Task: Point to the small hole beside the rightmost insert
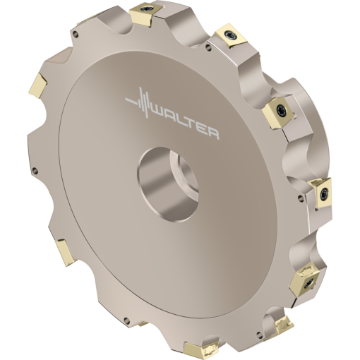tap(304, 205)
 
